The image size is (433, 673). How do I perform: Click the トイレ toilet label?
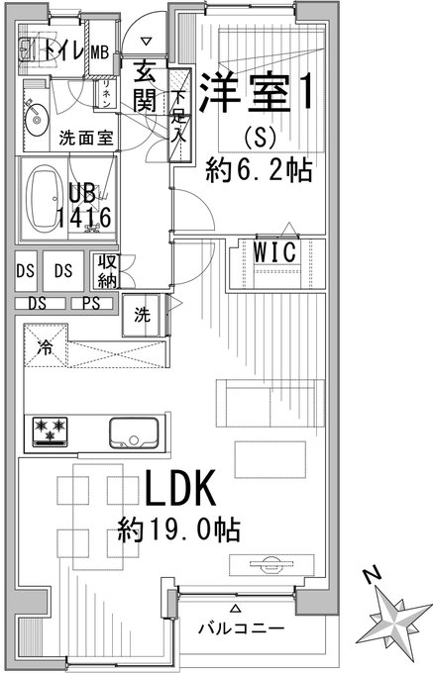[62, 51]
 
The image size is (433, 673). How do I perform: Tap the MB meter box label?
[100, 52]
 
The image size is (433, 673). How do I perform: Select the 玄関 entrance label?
[145, 86]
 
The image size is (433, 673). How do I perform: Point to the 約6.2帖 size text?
[259, 170]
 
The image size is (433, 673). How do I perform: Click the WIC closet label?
[274, 251]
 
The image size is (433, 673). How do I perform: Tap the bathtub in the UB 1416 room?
[42, 199]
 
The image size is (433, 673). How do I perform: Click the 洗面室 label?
[86, 138]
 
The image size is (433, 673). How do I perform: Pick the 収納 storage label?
[107, 271]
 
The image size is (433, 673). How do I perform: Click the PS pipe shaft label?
[91, 304]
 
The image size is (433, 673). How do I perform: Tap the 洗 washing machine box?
[142, 315]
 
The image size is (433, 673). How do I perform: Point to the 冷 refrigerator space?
[46, 345]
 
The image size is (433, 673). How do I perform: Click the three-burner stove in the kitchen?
[51, 432]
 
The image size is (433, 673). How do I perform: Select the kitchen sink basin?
[134, 433]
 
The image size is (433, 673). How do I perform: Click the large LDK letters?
[180, 488]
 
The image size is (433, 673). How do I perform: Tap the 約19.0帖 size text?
[178, 529]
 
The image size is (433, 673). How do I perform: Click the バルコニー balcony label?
[241, 628]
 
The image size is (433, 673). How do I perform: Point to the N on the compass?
[372, 574]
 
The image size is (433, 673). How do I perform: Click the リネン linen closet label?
[106, 94]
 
